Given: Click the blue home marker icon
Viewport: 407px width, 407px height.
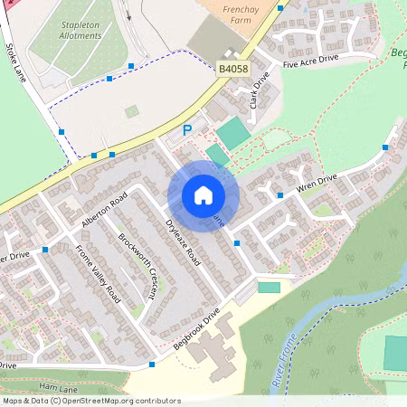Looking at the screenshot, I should tap(203, 195).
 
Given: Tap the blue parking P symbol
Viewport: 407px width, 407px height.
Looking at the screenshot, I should tap(187, 130).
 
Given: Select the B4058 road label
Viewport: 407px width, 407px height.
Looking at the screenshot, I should tap(233, 68).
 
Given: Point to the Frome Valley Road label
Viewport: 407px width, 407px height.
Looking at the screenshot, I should tap(97, 271).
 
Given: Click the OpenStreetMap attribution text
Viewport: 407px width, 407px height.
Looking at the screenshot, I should tap(90, 401).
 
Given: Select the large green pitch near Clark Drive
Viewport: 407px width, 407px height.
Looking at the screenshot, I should tap(232, 133).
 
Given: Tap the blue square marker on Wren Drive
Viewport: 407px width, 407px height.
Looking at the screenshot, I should tap(280, 194).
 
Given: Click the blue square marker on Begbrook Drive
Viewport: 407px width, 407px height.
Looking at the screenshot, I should tap(152, 364).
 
